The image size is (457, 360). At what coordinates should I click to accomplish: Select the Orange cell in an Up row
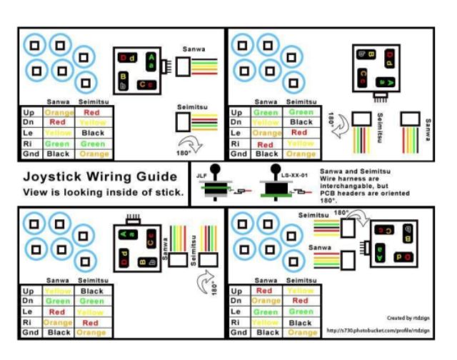coord(57,112)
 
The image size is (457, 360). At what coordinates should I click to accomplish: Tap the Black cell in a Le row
coord(93,133)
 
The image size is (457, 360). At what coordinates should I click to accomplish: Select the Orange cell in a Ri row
coord(57,322)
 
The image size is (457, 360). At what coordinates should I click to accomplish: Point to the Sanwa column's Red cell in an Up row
coord(265,291)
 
